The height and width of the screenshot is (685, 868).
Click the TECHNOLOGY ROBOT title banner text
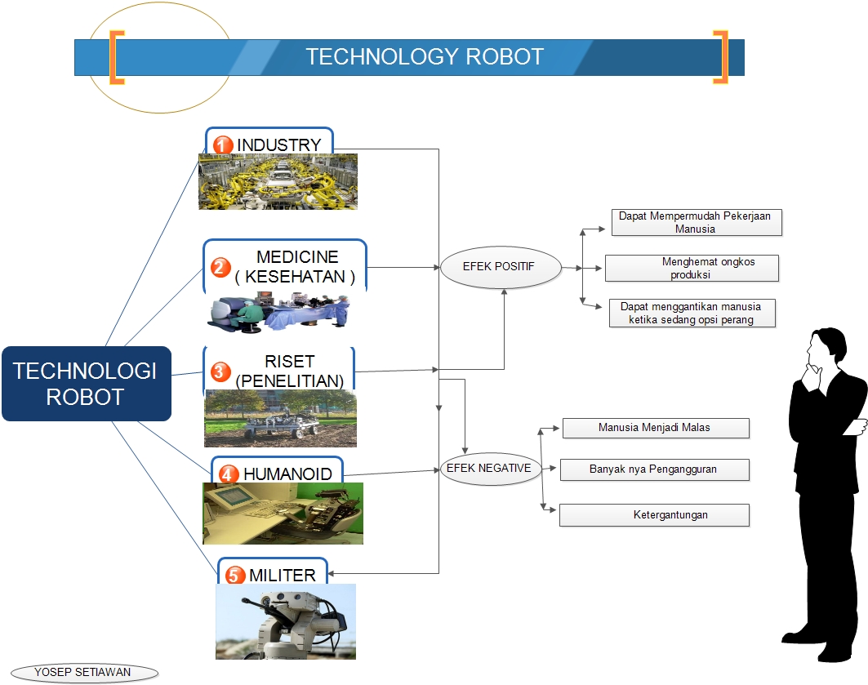pyautogui.click(x=424, y=56)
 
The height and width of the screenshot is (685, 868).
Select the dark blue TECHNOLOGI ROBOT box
pyautogui.click(x=86, y=384)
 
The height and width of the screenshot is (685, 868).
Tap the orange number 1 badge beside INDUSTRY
pyautogui.click(x=223, y=145)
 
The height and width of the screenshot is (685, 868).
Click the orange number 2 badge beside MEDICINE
pyautogui.click(x=220, y=267)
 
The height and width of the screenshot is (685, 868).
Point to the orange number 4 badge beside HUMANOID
pyautogui.click(x=229, y=474)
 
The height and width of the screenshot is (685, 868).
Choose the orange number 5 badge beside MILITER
pyautogui.click(x=235, y=576)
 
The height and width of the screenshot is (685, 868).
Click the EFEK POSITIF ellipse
pyautogui.click(x=501, y=266)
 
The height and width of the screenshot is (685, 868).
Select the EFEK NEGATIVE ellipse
pyautogui.click(x=488, y=469)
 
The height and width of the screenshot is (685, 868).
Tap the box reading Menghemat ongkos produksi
pyautogui.click(x=692, y=268)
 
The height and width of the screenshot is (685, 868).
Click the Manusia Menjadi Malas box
pyautogui.click(x=655, y=428)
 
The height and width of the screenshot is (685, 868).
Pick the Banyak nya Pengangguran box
pyautogui.click(x=654, y=469)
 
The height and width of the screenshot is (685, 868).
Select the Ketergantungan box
pyautogui.click(x=654, y=515)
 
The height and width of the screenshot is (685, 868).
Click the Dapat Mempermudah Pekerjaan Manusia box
pyautogui.click(x=696, y=222)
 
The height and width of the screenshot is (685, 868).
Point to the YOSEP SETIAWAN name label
pyautogui.click(x=83, y=673)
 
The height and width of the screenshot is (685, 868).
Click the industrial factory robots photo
pyautogui.click(x=278, y=181)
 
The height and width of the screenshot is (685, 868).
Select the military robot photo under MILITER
pyautogui.click(x=286, y=621)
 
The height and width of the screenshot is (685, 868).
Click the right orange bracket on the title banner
pyautogui.click(x=720, y=56)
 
